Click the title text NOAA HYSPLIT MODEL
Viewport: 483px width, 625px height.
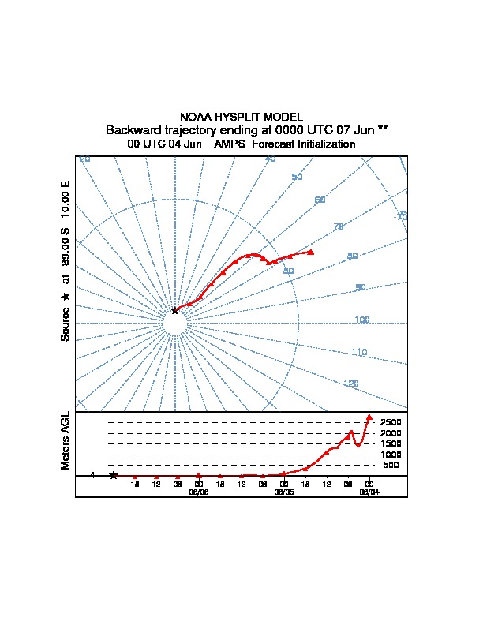coord(241,117)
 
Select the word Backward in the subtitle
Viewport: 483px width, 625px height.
coord(131,129)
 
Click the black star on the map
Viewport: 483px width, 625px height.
coord(175,310)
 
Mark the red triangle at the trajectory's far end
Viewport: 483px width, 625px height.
coord(311,252)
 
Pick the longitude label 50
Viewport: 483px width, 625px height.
coord(297,177)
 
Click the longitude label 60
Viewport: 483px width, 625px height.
coord(320,200)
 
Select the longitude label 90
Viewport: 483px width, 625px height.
coord(361,287)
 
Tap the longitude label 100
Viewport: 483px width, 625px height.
coord(361,320)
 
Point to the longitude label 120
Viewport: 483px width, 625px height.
coord(350,384)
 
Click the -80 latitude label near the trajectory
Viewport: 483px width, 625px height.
coord(287,271)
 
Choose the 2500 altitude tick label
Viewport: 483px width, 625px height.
coord(391,423)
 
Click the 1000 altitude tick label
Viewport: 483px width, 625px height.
coord(391,455)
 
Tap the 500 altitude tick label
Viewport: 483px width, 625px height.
coord(391,466)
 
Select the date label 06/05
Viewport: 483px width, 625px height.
coord(283,491)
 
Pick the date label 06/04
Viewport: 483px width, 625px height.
coord(369,491)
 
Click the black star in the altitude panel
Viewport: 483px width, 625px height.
coord(114,475)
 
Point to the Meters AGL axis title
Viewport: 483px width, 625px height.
coord(66,440)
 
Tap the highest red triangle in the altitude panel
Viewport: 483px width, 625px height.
coord(369,417)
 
